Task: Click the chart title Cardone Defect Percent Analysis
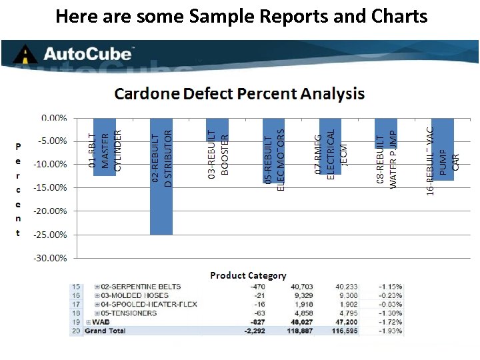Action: [239, 93]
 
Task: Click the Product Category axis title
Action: [248, 275]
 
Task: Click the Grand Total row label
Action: [105, 331]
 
